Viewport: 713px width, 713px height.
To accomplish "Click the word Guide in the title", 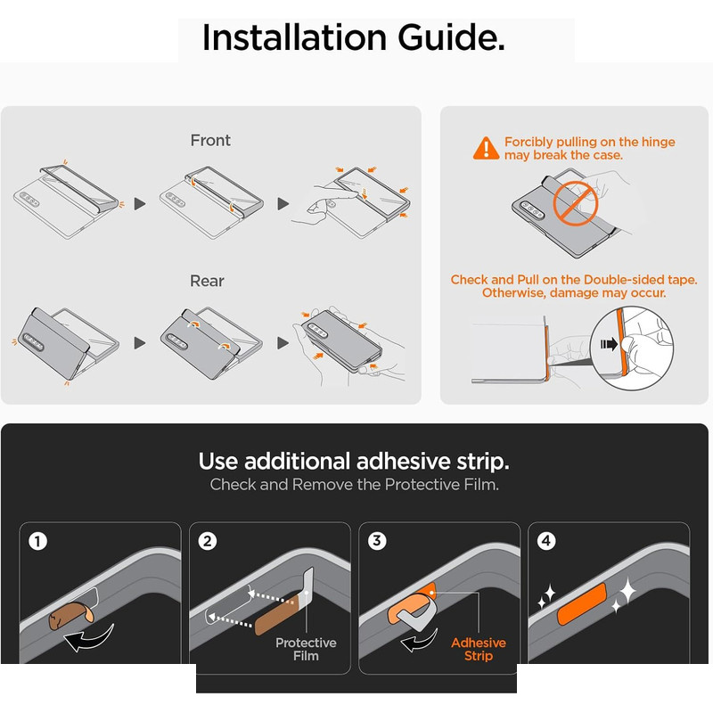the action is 451,37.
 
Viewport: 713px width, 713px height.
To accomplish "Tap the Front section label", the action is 210,140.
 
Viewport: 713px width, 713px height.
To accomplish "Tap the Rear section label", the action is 207,281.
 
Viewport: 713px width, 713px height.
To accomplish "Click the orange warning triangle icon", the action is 486,148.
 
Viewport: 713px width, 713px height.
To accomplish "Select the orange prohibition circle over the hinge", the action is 575,203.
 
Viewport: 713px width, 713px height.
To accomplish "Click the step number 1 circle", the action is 37,541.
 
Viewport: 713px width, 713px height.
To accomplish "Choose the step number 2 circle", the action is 208,541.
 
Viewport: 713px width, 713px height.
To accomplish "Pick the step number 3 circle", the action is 377,541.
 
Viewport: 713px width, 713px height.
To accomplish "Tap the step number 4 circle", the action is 546,541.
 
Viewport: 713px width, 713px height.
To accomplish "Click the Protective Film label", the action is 306,650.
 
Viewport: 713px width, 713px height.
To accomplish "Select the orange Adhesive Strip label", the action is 479,650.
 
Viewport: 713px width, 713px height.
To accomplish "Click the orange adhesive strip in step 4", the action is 583,604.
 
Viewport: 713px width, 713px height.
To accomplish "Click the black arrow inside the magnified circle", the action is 610,344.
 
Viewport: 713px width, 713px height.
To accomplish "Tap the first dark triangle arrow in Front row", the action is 140,204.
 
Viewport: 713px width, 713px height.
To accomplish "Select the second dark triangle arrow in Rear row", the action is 283,343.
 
